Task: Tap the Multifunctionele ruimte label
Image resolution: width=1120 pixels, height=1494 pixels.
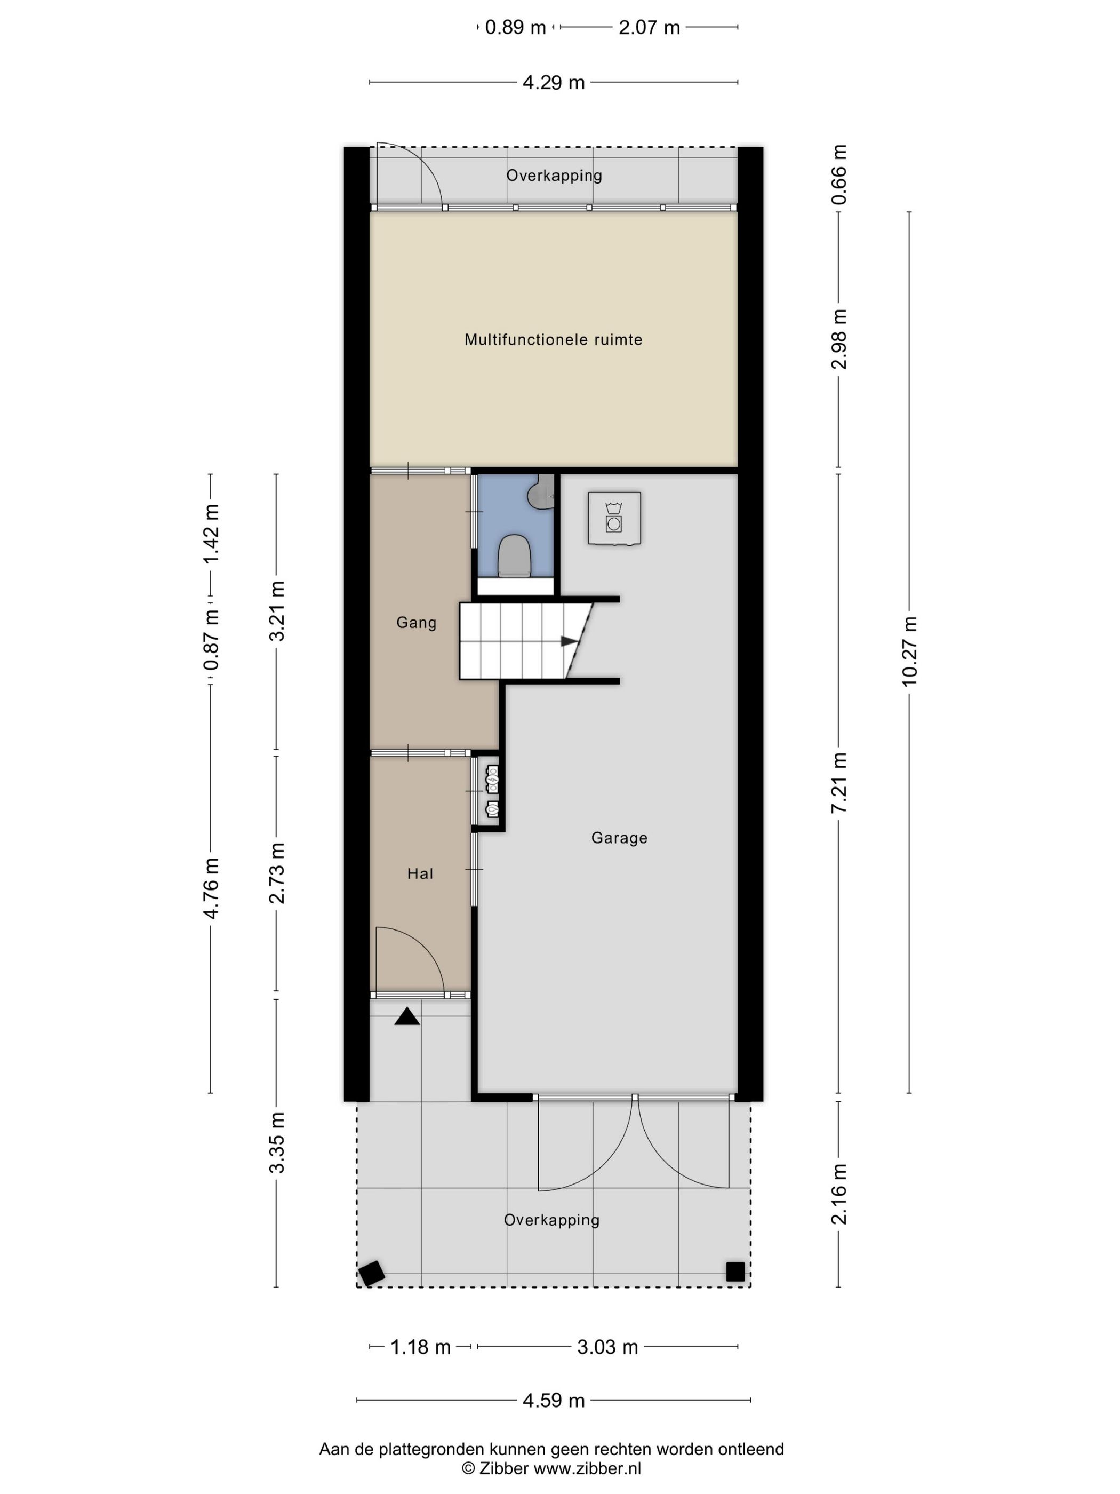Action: pos(554,340)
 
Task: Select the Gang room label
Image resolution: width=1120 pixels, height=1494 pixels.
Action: pos(417,623)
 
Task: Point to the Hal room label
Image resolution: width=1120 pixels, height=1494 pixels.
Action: pos(420,874)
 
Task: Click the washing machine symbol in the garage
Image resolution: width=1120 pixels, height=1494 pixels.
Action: pos(614,518)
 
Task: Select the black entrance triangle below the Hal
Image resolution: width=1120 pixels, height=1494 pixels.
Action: pos(407,1016)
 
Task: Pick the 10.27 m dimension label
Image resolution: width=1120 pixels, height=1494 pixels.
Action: pos(909,651)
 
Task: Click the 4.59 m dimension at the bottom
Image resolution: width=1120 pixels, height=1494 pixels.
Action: pos(554,1401)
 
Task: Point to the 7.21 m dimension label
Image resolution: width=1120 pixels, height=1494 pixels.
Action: pos(838,783)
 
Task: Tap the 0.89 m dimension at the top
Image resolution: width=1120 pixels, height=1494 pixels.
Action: pos(515,28)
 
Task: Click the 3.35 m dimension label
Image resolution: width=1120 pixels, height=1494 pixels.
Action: pos(277,1143)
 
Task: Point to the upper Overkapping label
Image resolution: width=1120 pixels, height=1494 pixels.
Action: pos(554,176)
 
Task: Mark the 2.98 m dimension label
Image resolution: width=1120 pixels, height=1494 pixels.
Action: pos(838,339)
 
